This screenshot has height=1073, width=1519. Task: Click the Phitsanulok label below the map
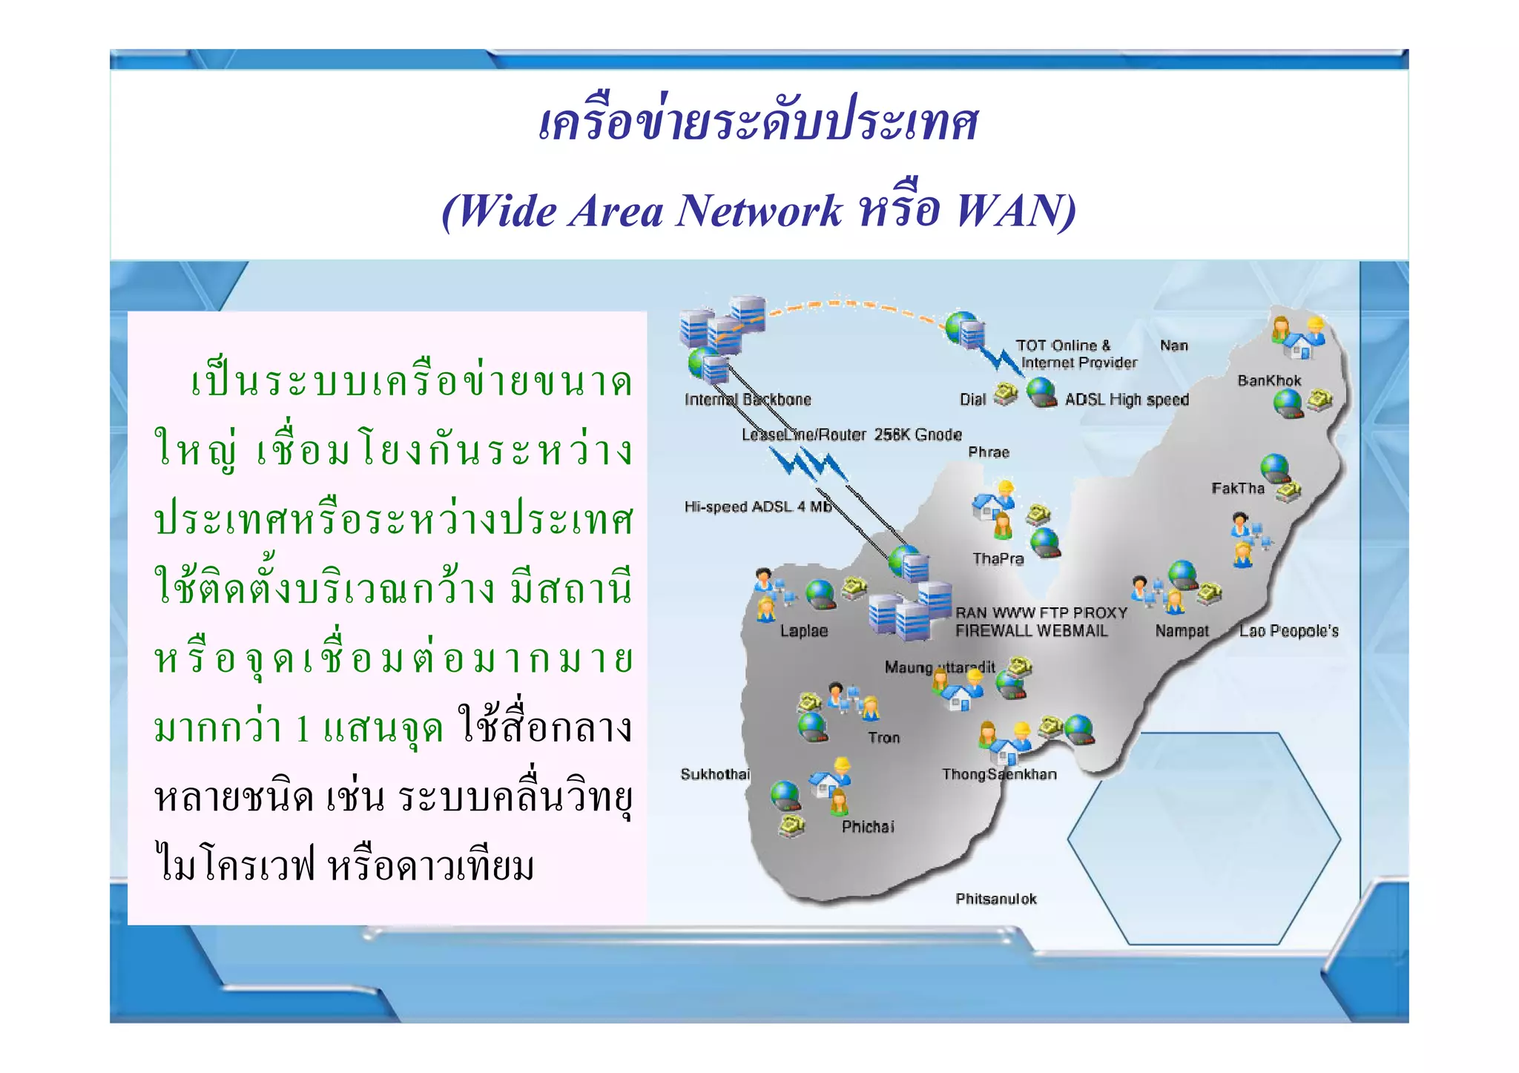[x=995, y=899]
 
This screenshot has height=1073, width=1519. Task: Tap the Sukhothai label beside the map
[x=715, y=774]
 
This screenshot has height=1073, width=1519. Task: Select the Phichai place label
[x=868, y=827]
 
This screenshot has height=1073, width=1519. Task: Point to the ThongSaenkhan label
[x=999, y=774]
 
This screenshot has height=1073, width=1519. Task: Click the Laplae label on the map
[x=803, y=631]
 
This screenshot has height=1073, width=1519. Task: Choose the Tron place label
[x=883, y=738]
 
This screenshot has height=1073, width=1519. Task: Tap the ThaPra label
[x=998, y=559]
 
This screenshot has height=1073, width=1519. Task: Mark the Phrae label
[x=989, y=452]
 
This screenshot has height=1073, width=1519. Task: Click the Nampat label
[x=1182, y=631]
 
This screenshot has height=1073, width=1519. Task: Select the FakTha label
[x=1237, y=488]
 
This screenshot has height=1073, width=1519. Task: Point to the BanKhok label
[x=1269, y=381]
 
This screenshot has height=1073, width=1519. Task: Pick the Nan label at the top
[x=1174, y=346]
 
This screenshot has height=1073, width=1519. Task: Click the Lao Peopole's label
[x=1288, y=631]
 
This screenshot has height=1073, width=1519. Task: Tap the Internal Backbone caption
[x=748, y=400]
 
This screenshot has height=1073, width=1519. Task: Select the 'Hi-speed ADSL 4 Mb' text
[x=757, y=506]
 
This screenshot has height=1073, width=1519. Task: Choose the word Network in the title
[x=759, y=211]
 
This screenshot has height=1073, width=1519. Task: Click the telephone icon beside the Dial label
[x=1006, y=393]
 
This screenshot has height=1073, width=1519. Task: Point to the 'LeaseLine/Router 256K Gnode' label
[x=851, y=435]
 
